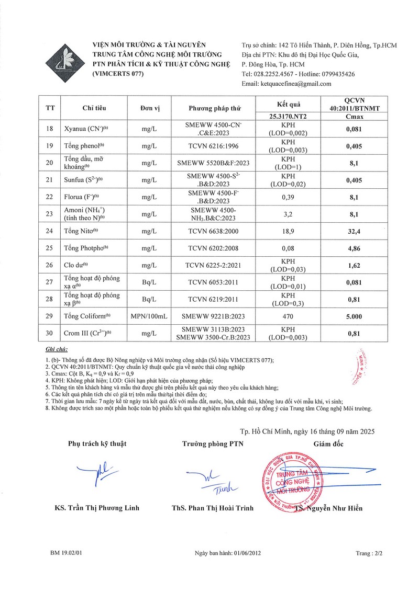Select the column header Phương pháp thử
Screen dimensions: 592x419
215,108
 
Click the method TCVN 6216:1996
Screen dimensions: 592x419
215,146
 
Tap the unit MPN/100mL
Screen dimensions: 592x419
141,315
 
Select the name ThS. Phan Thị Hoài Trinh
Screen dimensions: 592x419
213,508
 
